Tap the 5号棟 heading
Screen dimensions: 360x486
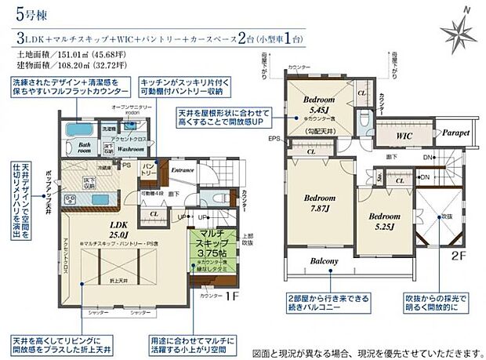tap(29, 13)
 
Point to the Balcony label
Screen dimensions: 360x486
tap(322, 261)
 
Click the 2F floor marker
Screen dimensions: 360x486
tap(458, 276)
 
